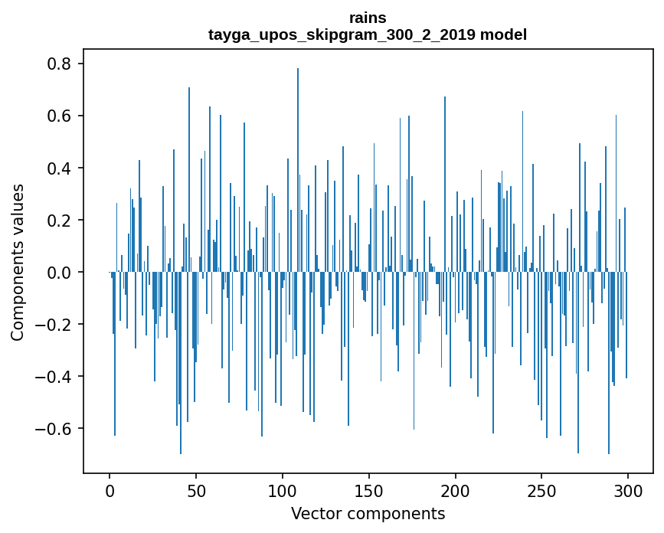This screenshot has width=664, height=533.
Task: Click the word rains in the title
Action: pyautogui.click(x=368, y=18)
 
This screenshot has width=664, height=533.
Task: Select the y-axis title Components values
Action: pyautogui.click(x=18, y=262)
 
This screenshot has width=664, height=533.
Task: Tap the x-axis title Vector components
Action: pyautogui.click(x=368, y=513)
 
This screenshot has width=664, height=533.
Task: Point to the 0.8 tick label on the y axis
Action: pyautogui.click(x=60, y=64)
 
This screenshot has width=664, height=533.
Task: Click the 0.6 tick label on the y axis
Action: pyautogui.click(x=60, y=116)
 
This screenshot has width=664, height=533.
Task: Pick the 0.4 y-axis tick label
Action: pyautogui.click(x=60, y=168)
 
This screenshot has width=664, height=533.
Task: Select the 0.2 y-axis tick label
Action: pyautogui.click(x=60, y=221)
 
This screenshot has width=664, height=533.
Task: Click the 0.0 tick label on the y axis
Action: pyautogui.click(x=60, y=273)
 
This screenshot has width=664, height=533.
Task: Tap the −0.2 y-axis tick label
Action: pyautogui.click(x=55, y=325)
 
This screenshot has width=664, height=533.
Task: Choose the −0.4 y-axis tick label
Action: pyautogui.click(x=55, y=377)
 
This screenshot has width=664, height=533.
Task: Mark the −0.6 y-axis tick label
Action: pyautogui.click(x=55, y=429)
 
